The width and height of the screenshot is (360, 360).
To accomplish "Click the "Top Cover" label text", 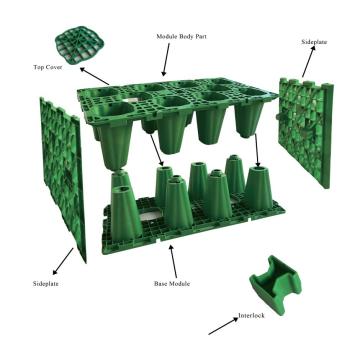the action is point(48,67).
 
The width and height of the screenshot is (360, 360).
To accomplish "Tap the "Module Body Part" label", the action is point(181,36).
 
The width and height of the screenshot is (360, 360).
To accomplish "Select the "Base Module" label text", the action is point(172,284).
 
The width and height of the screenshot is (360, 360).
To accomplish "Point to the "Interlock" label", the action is point(251,315).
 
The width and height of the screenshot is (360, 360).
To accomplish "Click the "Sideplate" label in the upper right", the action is point(314,42).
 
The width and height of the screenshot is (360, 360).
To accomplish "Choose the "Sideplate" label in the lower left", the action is point(46,284).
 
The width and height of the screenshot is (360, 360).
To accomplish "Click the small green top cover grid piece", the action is point(80,45).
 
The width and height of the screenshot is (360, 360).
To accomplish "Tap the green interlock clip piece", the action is point(275,284).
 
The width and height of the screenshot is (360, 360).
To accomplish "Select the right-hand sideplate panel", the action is point(306,132).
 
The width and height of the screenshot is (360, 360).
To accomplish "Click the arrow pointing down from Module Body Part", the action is point(166,59).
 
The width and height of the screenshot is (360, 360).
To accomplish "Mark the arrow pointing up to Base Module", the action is point(173,261).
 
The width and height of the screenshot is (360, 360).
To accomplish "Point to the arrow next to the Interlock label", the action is point(223,326).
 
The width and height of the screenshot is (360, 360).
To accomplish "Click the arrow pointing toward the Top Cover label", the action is point(94,76).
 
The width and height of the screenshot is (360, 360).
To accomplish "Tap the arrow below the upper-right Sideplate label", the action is point(308,62).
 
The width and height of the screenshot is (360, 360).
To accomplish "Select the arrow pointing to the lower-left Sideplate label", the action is point(63,261).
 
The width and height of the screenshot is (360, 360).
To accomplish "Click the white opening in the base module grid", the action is point(150,214).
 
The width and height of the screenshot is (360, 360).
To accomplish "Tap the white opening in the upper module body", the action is point(130,100).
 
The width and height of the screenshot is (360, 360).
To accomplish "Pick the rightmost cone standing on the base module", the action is point(259,188).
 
